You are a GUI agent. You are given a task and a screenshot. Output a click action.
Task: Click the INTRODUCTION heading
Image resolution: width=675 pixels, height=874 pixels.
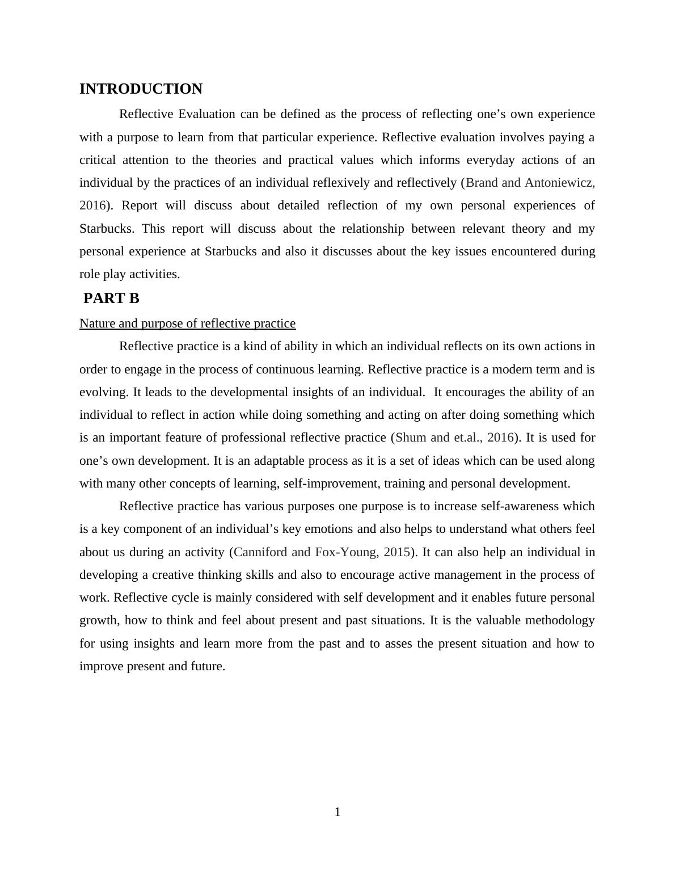tap(141, 89)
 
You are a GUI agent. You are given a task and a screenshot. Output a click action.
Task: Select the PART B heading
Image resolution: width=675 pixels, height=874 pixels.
tap(111, 299)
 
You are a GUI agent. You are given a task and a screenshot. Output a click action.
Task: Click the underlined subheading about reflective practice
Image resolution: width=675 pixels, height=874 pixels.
tap(187, 323)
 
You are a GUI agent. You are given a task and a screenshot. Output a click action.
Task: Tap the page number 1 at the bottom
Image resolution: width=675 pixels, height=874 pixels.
tap(337, 812)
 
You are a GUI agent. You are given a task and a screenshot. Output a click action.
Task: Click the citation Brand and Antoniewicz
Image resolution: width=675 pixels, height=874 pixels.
tap(530, 183)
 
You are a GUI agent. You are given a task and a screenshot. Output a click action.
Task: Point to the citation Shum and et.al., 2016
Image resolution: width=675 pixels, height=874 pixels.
tap(454, 438)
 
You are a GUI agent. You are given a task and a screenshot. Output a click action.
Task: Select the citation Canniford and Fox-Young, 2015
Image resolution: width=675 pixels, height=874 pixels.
tap(322, 552)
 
